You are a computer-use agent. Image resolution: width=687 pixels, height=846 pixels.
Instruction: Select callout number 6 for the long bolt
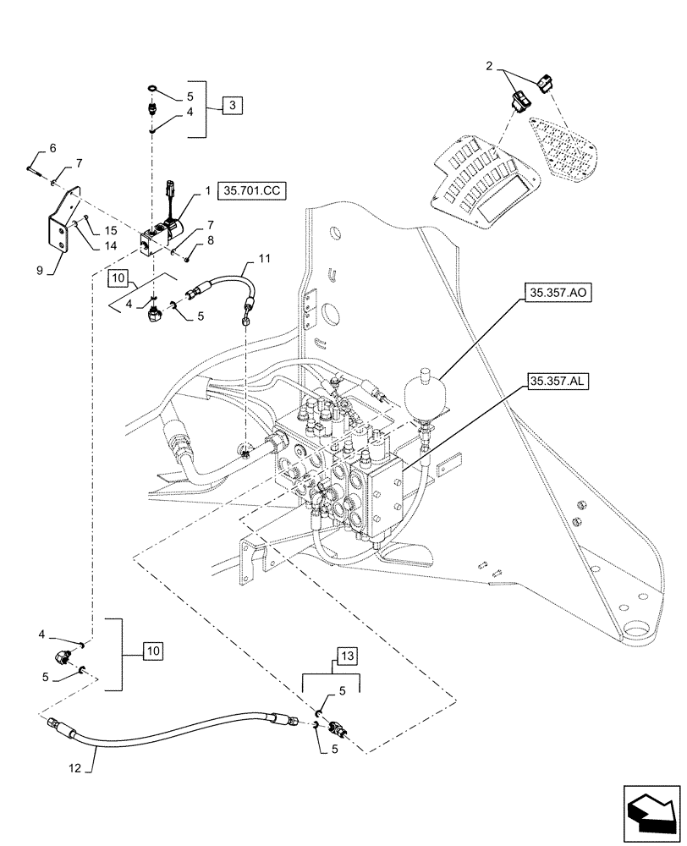52,149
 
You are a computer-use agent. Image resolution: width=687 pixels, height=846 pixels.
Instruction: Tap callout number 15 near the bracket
111,230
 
